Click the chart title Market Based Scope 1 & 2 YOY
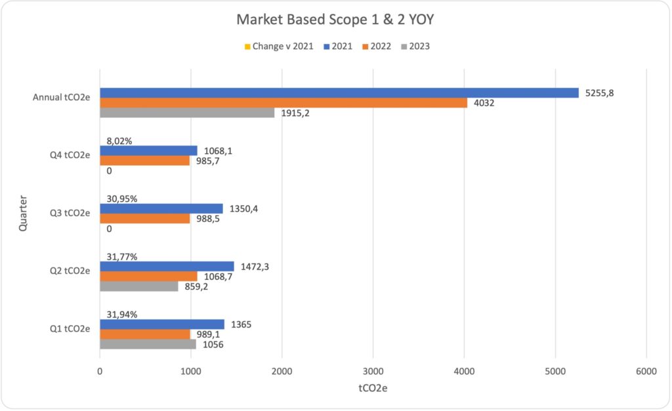point(335,21)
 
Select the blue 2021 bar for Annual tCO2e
point(339,93)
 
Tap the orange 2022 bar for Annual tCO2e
point(283,103)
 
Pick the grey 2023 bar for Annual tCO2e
point(187,113)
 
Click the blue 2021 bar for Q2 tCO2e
point(167,266)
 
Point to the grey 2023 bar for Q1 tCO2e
point(148,344)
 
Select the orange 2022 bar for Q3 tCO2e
point(145,218)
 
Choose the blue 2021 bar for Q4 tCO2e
point(148,151)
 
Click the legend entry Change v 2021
point(278,47)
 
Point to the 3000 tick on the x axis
point(373,371)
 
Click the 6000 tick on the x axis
point(646,371)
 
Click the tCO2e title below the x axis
point(373,388)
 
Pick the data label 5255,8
point(600,93)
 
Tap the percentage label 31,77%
point(122,256)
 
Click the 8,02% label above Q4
point(120,141)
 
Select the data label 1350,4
point(241,208)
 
